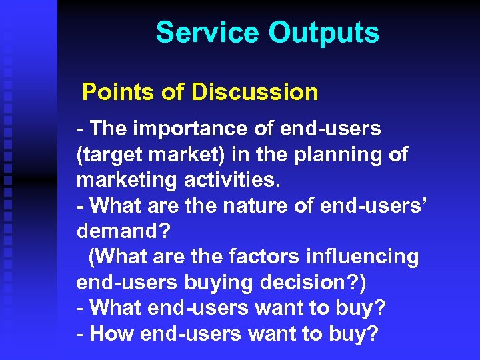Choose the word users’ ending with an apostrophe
[x=404, y=205]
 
